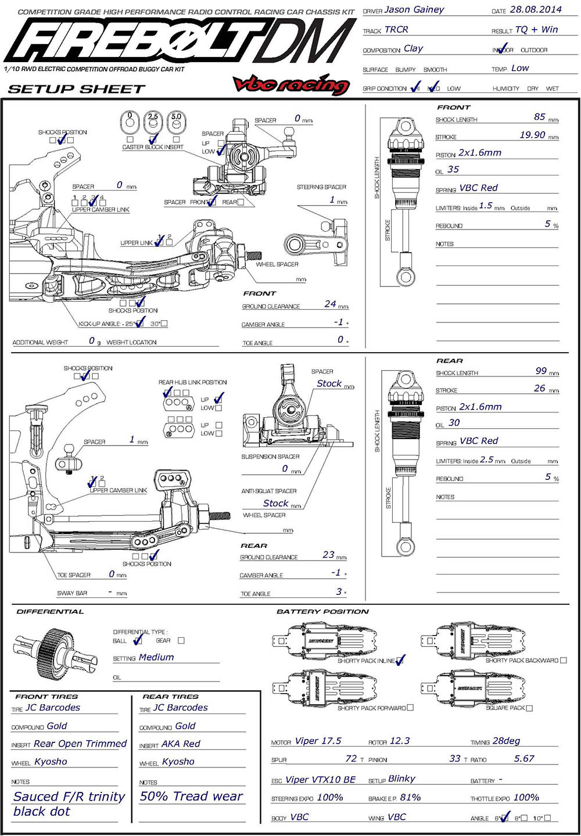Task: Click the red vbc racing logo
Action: [291, 85]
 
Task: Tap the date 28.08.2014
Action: [535, 10]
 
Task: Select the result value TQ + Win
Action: [536, 30]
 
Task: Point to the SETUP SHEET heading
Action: [76, 89]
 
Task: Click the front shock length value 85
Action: [540, 117]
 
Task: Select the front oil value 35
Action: [453, 170]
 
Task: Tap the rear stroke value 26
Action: [540, 388]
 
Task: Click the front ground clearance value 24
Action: [330, 304]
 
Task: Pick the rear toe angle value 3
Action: [339, 591]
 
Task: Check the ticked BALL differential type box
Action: [138, 640]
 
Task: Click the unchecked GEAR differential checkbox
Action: [181, 640]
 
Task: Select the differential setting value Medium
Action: [156, 657]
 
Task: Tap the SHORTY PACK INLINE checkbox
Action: [400, 661]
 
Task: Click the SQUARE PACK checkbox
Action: [529, 708]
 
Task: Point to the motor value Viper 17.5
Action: [318, 741]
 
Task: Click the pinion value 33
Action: [455, 759]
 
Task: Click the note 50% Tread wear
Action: [191, 796]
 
